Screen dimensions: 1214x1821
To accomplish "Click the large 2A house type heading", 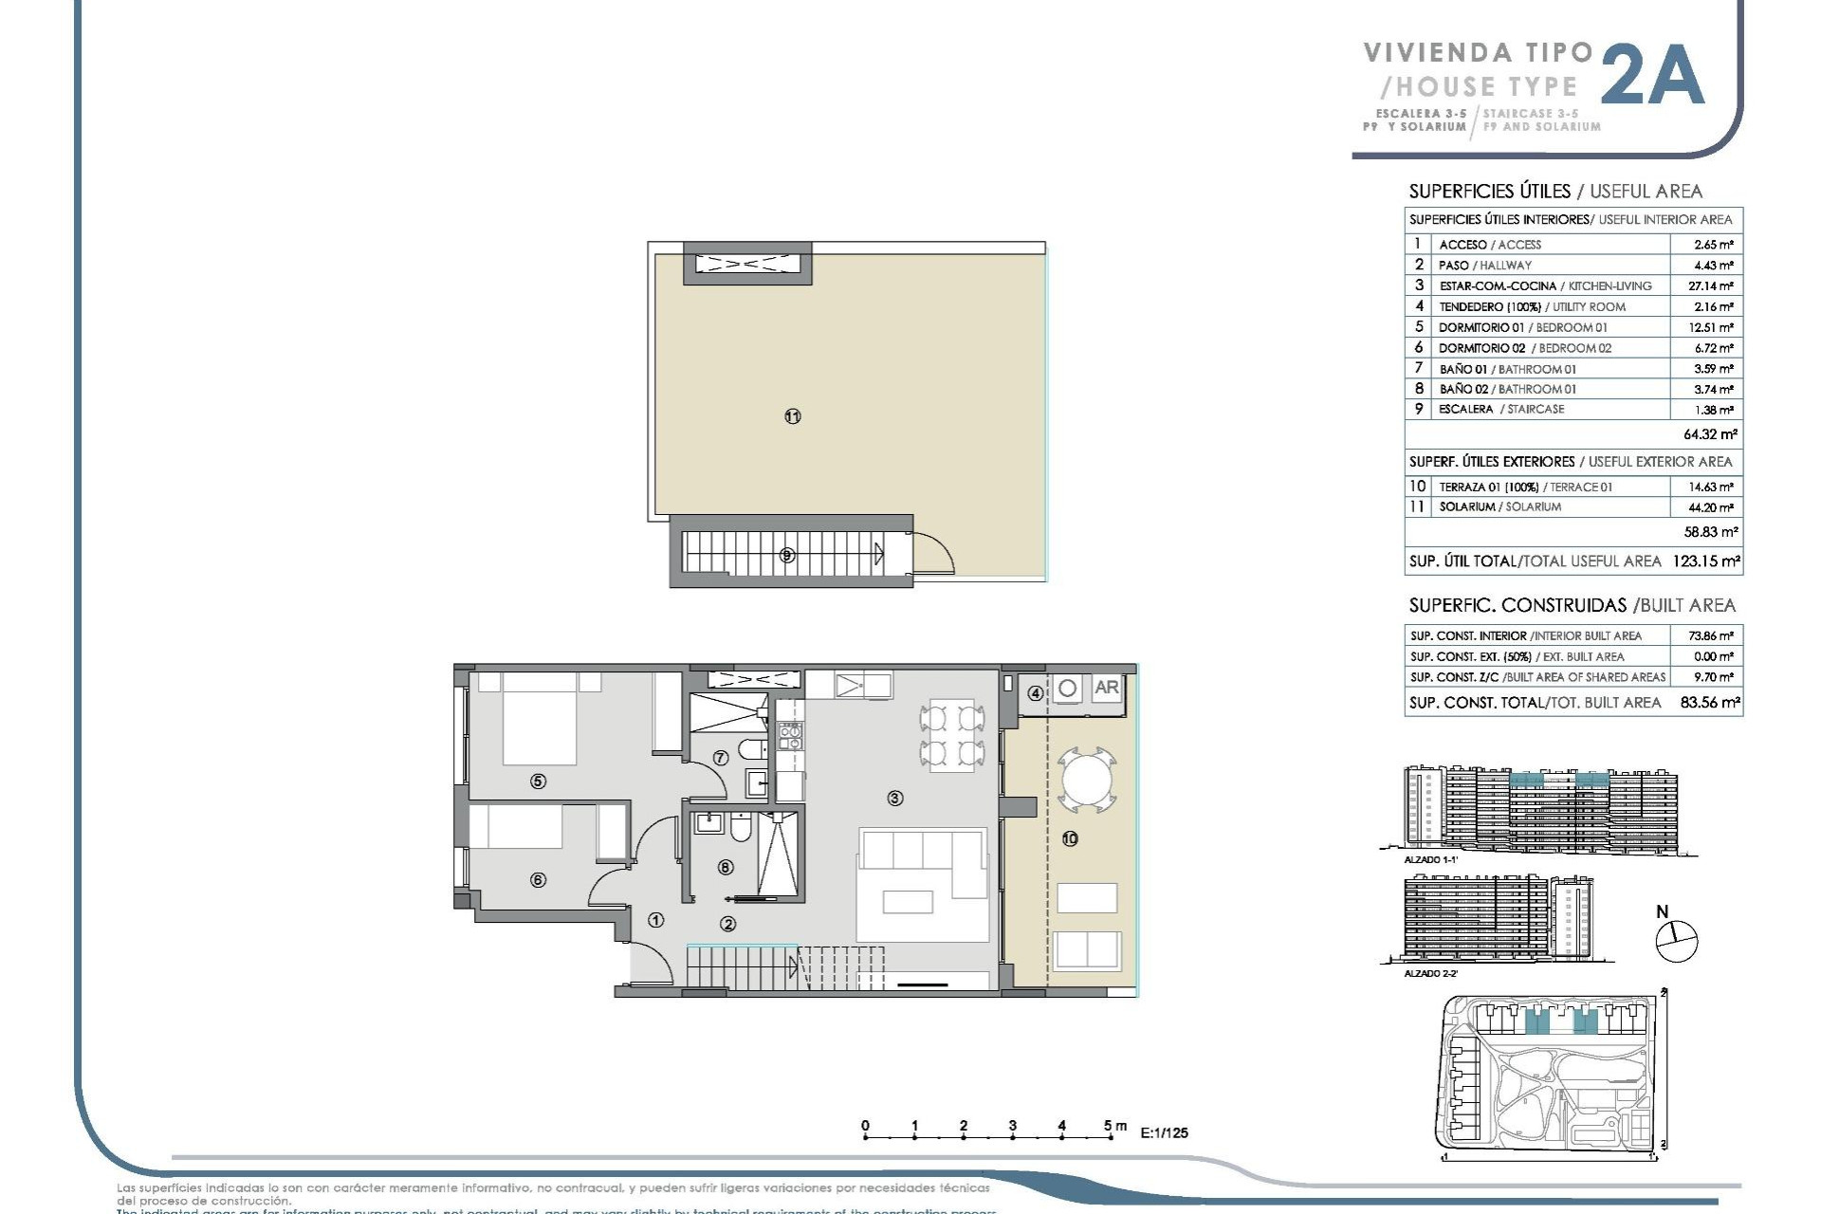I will [x=1653, y=76].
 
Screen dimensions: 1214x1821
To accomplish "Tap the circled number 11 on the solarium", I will [x=793, y=416].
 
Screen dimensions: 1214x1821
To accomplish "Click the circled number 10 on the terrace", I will [x=1070, y=838].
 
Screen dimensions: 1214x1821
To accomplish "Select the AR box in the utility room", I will [x=1106, y=689].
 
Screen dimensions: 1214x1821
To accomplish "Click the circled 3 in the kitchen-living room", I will [x=894, y=799].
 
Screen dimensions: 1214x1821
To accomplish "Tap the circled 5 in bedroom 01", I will [x=538, y=782].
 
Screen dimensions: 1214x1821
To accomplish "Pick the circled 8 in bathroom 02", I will [x=726, y=867].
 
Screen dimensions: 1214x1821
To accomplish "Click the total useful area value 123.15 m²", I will [x=1705, y=561].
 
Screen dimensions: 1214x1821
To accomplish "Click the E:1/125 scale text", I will [x=1164, y=1132].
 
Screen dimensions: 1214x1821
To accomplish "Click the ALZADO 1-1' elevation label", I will [x=1430, y=859].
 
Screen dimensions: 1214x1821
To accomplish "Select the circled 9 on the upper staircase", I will [x=786, y=556].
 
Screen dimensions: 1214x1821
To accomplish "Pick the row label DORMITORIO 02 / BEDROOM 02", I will [x=1524, y=348].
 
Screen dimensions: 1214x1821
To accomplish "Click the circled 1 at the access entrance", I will [x=655, y=920].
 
